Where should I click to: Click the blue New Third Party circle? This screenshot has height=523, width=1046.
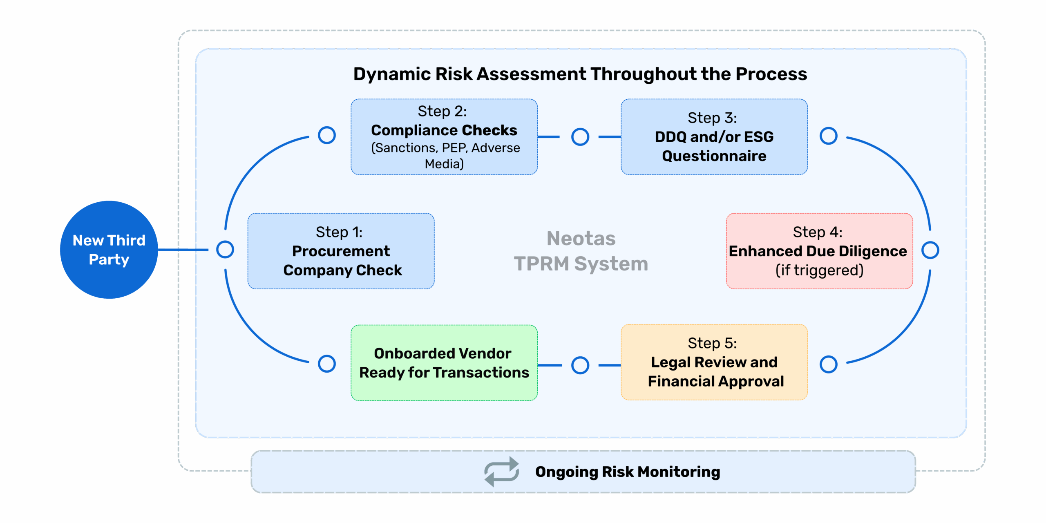coord(109,250)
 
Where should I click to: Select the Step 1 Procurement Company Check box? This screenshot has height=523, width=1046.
coord(341,251)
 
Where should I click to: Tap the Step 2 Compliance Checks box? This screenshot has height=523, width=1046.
coord(444,137)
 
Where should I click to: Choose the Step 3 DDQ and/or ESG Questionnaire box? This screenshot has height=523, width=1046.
coord(714,137)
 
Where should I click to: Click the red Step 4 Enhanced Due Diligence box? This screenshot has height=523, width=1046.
coord(819,251)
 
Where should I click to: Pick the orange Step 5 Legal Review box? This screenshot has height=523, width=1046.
coord(714,362)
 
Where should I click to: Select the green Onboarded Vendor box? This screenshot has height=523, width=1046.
coord(444,363)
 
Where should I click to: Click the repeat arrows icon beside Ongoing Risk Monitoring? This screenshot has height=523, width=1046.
coord(502,472)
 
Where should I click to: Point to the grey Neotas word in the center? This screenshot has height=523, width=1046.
coord(581,239)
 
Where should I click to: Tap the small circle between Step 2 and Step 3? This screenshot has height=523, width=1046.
coord(580,137)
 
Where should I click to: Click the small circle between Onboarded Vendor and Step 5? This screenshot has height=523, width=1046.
coord(580,365)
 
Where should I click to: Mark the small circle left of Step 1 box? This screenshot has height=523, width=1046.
coord(225,249)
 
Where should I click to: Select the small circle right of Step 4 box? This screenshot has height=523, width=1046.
coord(930,250)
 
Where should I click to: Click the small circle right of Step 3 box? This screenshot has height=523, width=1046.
coord(828,136)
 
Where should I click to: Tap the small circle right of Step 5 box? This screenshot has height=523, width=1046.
coord(828,364)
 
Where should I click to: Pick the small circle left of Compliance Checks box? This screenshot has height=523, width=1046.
coord(327,135)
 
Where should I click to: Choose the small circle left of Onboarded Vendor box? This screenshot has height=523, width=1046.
coord(327,363)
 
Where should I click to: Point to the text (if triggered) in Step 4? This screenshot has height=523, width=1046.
coord(819,270)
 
